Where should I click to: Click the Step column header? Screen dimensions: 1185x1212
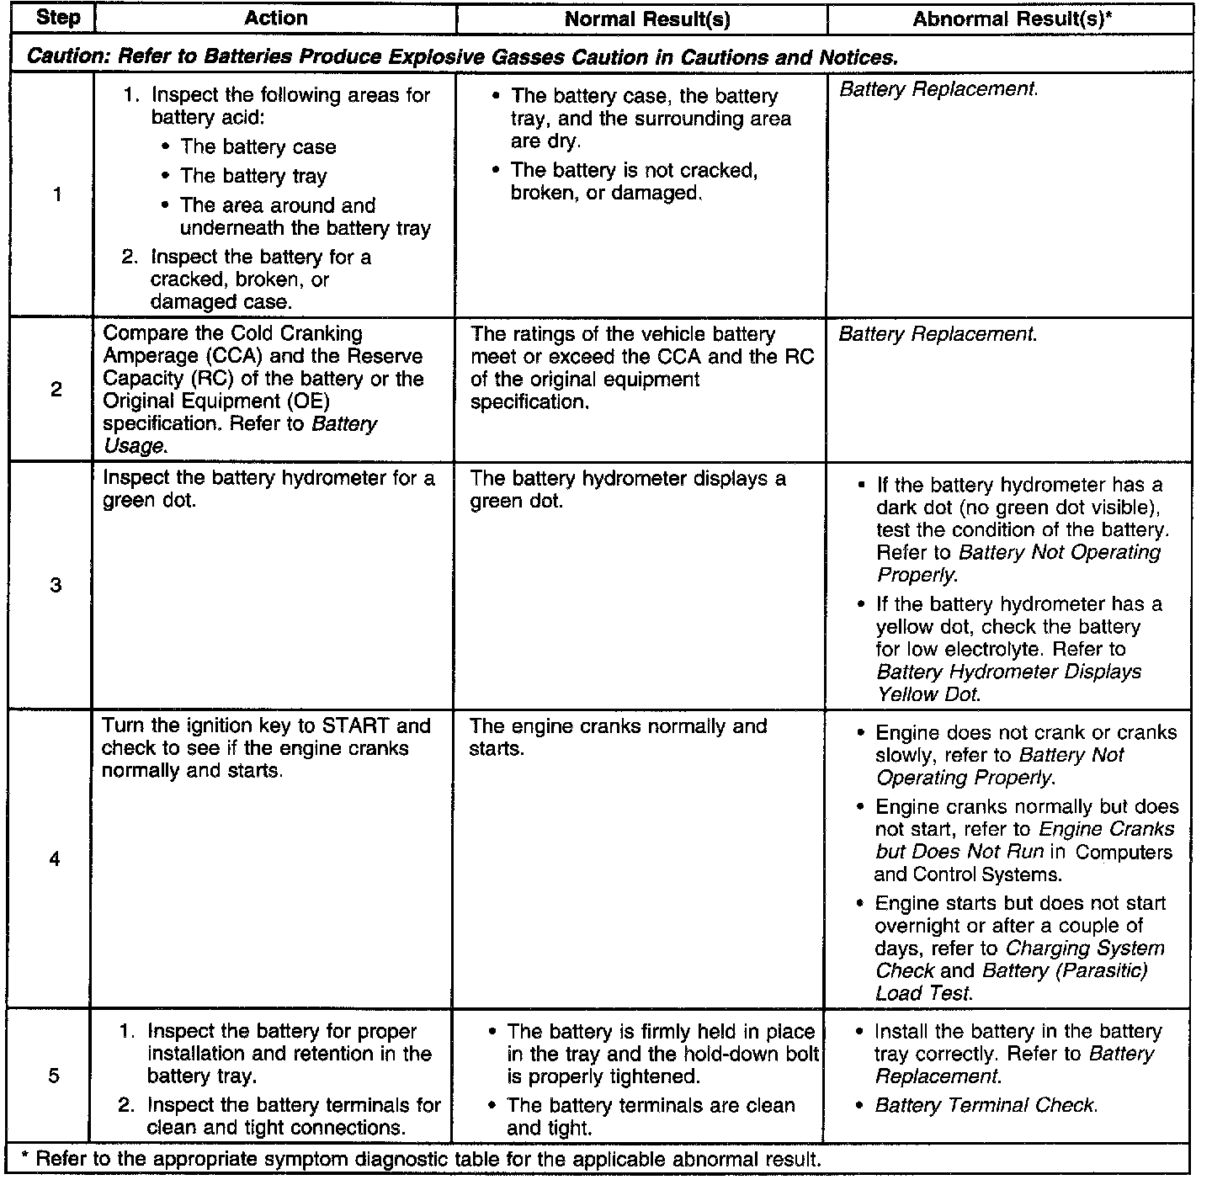coord(58,19)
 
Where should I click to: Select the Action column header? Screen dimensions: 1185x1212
coord(276,19)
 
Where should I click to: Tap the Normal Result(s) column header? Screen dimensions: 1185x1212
coord(646,19)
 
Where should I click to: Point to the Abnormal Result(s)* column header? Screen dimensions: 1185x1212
coord(1008,19)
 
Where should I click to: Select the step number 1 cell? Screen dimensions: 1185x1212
coord(56,195)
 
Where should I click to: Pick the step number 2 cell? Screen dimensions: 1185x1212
coord(56,390)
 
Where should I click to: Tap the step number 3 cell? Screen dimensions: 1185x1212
coord(56,585)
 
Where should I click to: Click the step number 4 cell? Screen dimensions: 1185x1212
coord(55,859)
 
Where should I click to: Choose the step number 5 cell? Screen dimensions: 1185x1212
coord(54,1076)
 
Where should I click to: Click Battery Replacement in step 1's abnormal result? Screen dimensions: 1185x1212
coord(938,89)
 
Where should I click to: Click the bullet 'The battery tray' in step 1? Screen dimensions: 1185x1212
coord(253,176)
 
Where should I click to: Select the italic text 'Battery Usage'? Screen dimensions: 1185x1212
coord(240,434)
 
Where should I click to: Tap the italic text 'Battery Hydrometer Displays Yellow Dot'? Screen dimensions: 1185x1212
coord(1008,683)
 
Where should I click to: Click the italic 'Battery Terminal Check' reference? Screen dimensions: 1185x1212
coord(986,1106)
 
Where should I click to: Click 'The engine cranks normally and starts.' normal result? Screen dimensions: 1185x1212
coord(618,737)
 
